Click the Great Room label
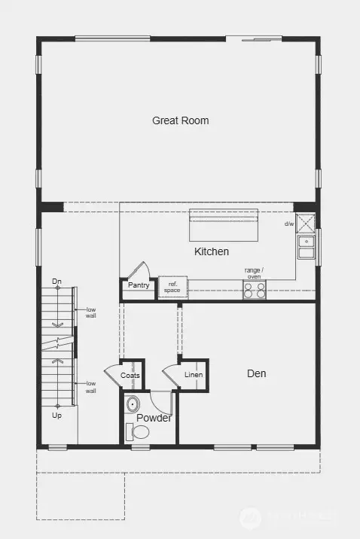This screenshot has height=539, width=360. click(x=180, y=120)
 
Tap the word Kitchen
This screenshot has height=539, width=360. click(x=211, y=251)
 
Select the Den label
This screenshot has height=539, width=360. click(x=256, y=373)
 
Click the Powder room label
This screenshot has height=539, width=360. click(x=154, y=418)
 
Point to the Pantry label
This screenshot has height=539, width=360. click(x=139, y=285)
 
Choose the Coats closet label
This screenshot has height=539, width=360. click(x=130, y=375)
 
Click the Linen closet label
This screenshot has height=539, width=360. click(x=194, y=375)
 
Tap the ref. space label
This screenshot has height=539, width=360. click(x=172, y=286)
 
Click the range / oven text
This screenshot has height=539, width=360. click(x=253, y=273)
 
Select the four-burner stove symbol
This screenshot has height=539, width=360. click(x=254, y=290)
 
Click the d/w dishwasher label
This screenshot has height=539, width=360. click(x=288, y=224)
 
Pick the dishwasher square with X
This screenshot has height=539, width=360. click(x=305, y=224)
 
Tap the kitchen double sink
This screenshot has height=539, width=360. click(x=306, y=247)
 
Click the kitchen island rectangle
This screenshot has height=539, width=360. click(x=223, y=224)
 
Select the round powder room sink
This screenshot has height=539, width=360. click(x=133, y=403)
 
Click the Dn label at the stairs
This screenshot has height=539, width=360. click(x=56, y=282)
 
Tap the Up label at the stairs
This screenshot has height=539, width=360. click(x=56, y=415)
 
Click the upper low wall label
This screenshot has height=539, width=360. click(x=90, y=312)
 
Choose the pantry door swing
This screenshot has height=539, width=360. click(x=139, y=270)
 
